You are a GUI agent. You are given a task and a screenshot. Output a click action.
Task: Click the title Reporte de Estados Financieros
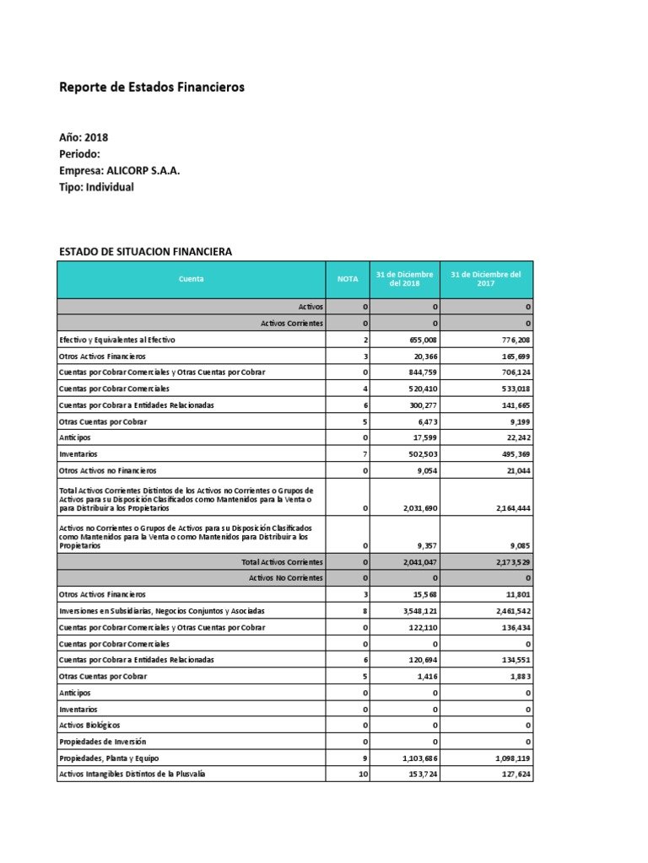[152, 87]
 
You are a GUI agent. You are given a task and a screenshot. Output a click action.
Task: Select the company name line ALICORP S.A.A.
[119, 170]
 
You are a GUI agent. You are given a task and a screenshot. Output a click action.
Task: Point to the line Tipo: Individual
[96, 187]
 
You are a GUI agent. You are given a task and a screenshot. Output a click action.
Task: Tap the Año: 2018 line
[84, 137]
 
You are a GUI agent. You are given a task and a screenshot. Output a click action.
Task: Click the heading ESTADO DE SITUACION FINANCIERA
[144, 251]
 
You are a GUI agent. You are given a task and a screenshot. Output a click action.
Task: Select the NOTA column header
[348, 279]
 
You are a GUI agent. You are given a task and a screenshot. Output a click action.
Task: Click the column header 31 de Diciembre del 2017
[486, 279]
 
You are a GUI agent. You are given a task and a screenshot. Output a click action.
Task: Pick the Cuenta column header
[192, 279]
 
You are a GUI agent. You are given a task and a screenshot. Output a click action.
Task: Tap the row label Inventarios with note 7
[78, 453]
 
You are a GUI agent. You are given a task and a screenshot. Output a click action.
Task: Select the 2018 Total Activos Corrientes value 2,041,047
[413, 561]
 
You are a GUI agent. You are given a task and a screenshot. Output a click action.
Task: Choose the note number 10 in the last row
[363, 774]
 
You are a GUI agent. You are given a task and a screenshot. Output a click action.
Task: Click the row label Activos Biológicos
[89, 725]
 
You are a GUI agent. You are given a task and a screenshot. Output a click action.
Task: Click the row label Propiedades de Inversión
[102, 742]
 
